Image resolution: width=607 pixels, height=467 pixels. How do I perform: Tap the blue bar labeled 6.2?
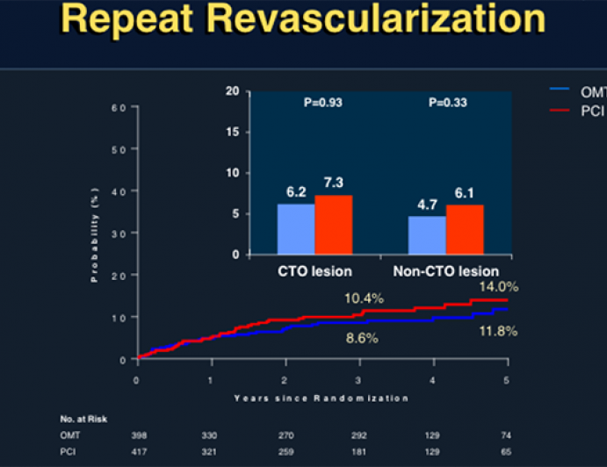(296, 229)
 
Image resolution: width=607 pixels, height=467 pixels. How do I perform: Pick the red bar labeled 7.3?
(334, 225)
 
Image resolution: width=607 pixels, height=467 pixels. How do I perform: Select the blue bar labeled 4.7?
(427, 235)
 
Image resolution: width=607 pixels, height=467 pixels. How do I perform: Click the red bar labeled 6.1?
(465, 230)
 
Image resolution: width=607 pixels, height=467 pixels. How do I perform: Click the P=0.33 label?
(446, 103)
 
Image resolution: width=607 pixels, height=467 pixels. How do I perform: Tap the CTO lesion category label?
(314, 271)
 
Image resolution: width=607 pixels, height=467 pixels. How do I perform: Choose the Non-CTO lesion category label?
(446, 271)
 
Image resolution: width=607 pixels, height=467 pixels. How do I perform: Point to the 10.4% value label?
(365, 299)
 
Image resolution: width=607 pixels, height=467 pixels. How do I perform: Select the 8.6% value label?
(360, 338)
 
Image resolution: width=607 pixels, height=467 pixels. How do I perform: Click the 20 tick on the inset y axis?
(232, 91)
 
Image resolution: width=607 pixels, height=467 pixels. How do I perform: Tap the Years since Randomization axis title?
(321, 398)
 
